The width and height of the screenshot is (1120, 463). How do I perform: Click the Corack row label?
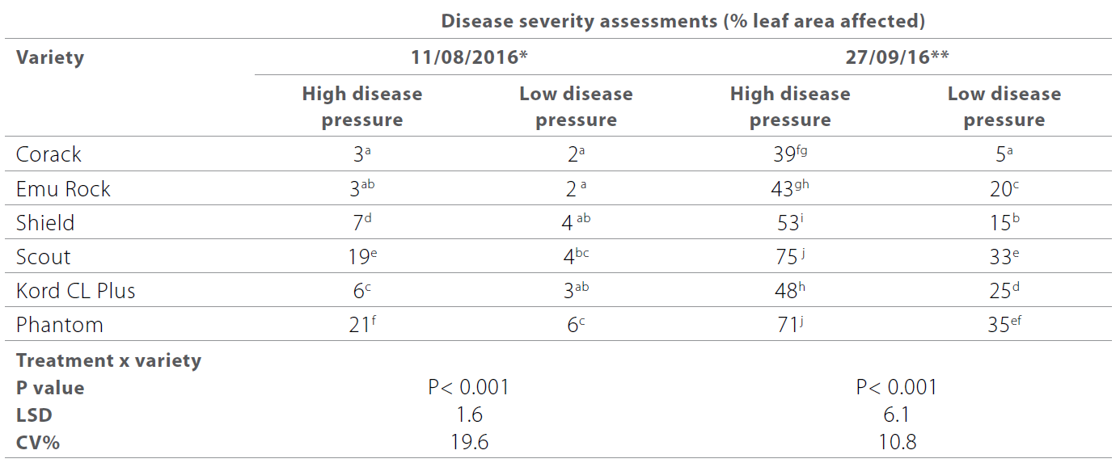pyautogui.click(x=49, y=154)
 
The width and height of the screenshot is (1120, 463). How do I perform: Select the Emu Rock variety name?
pyautogui.click(x=63, y=189)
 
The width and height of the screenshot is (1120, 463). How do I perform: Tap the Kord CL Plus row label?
pyautogui.click(x=76, y=291)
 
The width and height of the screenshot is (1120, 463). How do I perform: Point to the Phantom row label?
pyautogui.click(x=60, y=325)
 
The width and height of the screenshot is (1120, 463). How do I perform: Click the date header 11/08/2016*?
pyautogui.click(x=469, y=57)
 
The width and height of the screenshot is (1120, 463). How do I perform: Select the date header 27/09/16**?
pyautogui.click(x=897, y=57)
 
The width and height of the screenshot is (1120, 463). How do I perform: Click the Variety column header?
pyautogui.click(x=50, y=57)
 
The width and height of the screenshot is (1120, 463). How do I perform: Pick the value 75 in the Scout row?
pyautogui.click(x=785, y=257)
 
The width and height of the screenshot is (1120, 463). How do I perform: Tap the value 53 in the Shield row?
pyautogui.click(x=785, y=223)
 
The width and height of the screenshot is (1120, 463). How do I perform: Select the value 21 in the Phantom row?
pyautogui.click(x=357, y=326)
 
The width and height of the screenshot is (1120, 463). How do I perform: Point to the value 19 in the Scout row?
pyautogui.click(x=357, y=257)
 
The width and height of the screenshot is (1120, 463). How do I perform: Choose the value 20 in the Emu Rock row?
pyautogui.click(x=1000, y=189)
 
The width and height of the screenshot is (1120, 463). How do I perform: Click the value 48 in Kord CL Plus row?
pyautogui.click(x=785, y=291)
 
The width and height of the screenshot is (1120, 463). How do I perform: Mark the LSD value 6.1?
pyautogui.click(x=897, y=415)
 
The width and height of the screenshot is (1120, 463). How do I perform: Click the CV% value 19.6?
pyautogui.click(x=469, y=442)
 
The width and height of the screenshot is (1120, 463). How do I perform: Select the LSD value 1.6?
pyautogui.click(x=469, y=415)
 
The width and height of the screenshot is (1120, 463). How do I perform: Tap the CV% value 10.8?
pyautogui.click(x=897, y=442)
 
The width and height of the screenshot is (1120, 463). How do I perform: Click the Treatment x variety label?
pyautogui.click(x=108, y=360)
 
